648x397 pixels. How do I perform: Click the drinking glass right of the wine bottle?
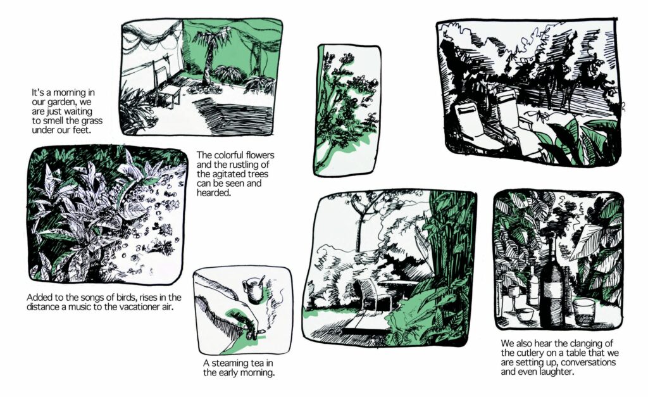point(584,312)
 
